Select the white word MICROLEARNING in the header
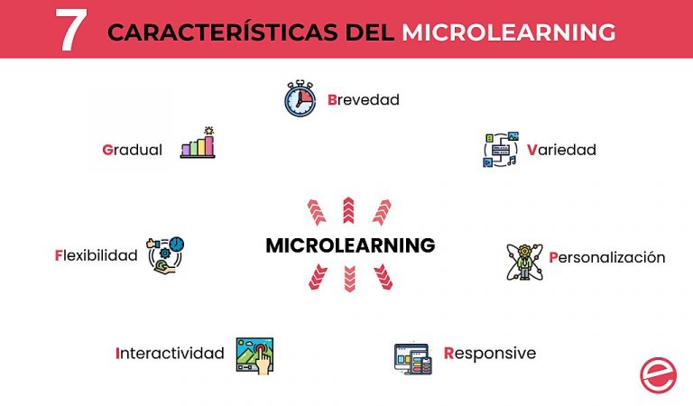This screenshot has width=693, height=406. [509, 32]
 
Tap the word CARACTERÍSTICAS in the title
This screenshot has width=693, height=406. [225, 32]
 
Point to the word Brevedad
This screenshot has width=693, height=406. [363, 99]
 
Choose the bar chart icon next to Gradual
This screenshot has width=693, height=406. [198, 143]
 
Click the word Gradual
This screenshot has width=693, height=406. [133, 150]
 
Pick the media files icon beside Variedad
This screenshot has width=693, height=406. [500, 150]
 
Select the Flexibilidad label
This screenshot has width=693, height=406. [96, 255]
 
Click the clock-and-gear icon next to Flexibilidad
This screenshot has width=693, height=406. [166, 254]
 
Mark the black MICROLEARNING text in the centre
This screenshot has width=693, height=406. [350, 245]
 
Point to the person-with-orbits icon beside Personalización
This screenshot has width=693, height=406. [523, 261]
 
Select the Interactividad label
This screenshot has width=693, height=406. [170, 353]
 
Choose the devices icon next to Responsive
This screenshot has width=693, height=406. [413, 358]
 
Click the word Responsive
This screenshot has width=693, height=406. [489, 353]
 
